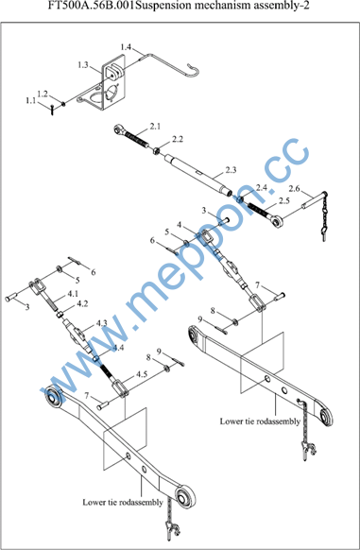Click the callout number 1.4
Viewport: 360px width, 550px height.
pos(126,47)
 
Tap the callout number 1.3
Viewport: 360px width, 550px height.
pos(83,65)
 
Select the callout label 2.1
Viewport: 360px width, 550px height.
pos(155,127)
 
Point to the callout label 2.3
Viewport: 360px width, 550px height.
pos(231,170)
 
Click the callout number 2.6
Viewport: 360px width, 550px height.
pos(294,189)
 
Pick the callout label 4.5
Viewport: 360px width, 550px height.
pos(142,374)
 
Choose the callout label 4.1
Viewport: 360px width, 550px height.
pos(72,293)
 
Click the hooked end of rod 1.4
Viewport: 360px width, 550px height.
pos(194,70)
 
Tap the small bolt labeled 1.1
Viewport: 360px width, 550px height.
pos(52,110)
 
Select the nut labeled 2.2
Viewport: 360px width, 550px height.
pos(156,150)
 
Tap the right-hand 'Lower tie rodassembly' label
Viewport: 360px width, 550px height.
pos(260,421)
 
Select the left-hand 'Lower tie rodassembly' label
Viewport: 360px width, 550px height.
pos(123,502)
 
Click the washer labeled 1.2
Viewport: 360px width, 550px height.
pos(63,103)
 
